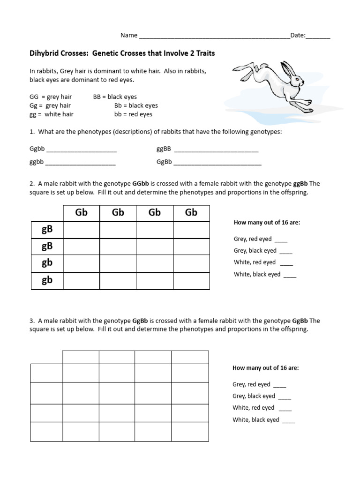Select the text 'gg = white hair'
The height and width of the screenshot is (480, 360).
click(51, 114)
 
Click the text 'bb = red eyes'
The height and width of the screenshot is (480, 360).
click(133, 114)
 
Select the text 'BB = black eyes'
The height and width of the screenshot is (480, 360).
click(115, 97)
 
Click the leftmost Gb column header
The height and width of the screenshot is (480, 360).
click(81, 213)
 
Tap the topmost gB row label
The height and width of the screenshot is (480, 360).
click(47, 229)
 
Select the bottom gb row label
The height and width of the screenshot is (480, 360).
click(47, 280)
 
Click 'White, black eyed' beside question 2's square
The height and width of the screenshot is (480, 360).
click(257, 274)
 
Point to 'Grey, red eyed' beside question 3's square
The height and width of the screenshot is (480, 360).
click(251, 384)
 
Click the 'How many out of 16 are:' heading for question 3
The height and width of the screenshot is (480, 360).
click(265, 368)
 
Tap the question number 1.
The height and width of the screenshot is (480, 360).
click(31, 132)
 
